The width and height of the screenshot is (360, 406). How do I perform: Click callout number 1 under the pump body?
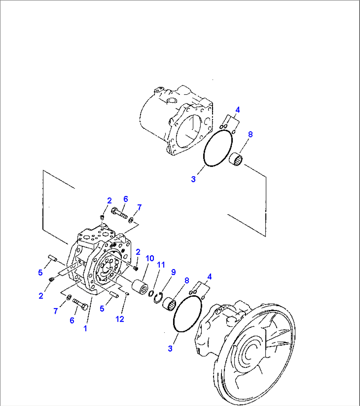[85, 328]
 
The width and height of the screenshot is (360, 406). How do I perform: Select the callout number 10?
[150, 258]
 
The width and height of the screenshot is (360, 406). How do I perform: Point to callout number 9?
[173, 272]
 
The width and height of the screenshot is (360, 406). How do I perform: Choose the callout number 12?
[120, 319]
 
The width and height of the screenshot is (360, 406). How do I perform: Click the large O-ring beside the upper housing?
[217, 148]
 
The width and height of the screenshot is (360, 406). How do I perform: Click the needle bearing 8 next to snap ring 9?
[168, 304]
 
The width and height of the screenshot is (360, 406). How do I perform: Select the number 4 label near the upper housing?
[237, 110]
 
